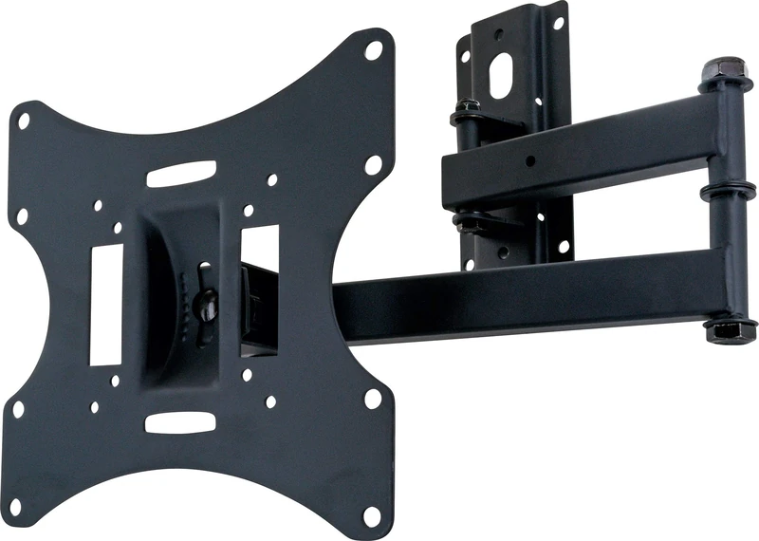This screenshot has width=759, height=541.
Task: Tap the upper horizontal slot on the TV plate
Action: tap(181, 174)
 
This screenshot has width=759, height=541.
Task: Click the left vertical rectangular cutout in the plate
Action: tap(105, 305)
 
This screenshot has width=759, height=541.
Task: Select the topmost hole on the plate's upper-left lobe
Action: tap(25, 121)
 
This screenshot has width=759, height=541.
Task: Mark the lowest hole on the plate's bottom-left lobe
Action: tap(18, 505)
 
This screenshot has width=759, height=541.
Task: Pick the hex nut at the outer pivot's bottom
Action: tap(726, 331)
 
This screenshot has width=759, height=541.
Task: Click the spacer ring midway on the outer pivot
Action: tap(722, 193)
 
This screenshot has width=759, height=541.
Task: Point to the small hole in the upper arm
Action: tap(532, 161)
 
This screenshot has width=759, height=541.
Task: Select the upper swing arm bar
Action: tap(579, 152)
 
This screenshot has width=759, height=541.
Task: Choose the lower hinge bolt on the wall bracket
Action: tap(468, 224)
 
